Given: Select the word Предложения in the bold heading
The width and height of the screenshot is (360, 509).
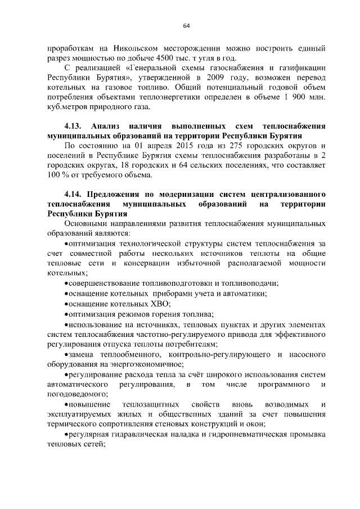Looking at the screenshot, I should coord(116,194).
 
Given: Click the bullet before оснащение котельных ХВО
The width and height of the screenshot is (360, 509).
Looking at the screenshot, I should coord(66,304).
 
